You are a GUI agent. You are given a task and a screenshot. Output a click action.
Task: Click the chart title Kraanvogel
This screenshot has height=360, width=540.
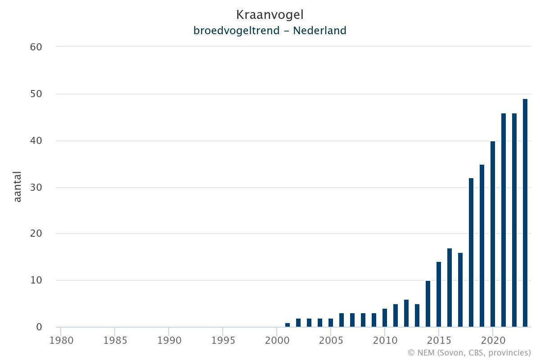click(270, 15)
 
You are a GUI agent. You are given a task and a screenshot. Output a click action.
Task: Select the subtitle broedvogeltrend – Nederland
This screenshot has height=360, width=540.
click(270, 31)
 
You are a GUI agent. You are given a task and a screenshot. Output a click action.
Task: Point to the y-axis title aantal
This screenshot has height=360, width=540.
click(18, 187)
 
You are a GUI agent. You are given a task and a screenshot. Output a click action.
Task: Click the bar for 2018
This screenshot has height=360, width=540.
click(471, 252)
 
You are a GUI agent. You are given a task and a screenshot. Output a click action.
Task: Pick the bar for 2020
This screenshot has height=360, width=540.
click(493, 234)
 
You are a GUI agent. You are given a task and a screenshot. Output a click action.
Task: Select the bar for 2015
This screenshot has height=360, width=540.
click(439, 294)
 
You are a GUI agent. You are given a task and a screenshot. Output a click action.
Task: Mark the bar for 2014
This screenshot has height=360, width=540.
click(428, 304)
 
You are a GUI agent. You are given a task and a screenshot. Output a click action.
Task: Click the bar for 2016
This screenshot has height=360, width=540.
click(450, 288)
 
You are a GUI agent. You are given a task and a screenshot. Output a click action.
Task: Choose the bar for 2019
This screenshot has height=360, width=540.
click(482, 246)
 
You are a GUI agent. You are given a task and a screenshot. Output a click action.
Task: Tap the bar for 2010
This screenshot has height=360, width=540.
click(385, 318)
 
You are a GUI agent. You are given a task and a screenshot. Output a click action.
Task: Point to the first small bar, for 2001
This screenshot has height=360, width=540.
click(288, 325)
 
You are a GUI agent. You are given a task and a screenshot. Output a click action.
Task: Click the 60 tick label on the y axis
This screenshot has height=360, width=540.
click(36, 47)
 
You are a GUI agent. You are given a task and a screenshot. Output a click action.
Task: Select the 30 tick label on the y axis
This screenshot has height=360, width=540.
click(36, 187)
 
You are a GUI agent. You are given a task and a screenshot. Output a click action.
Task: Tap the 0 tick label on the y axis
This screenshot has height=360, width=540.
click(39, 327)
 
